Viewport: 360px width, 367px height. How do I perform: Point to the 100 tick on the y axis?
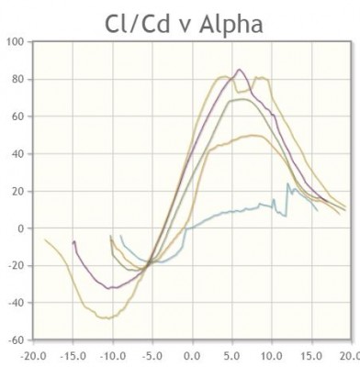coord(16,42)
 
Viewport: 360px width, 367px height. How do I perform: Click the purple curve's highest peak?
coord(240,70)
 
